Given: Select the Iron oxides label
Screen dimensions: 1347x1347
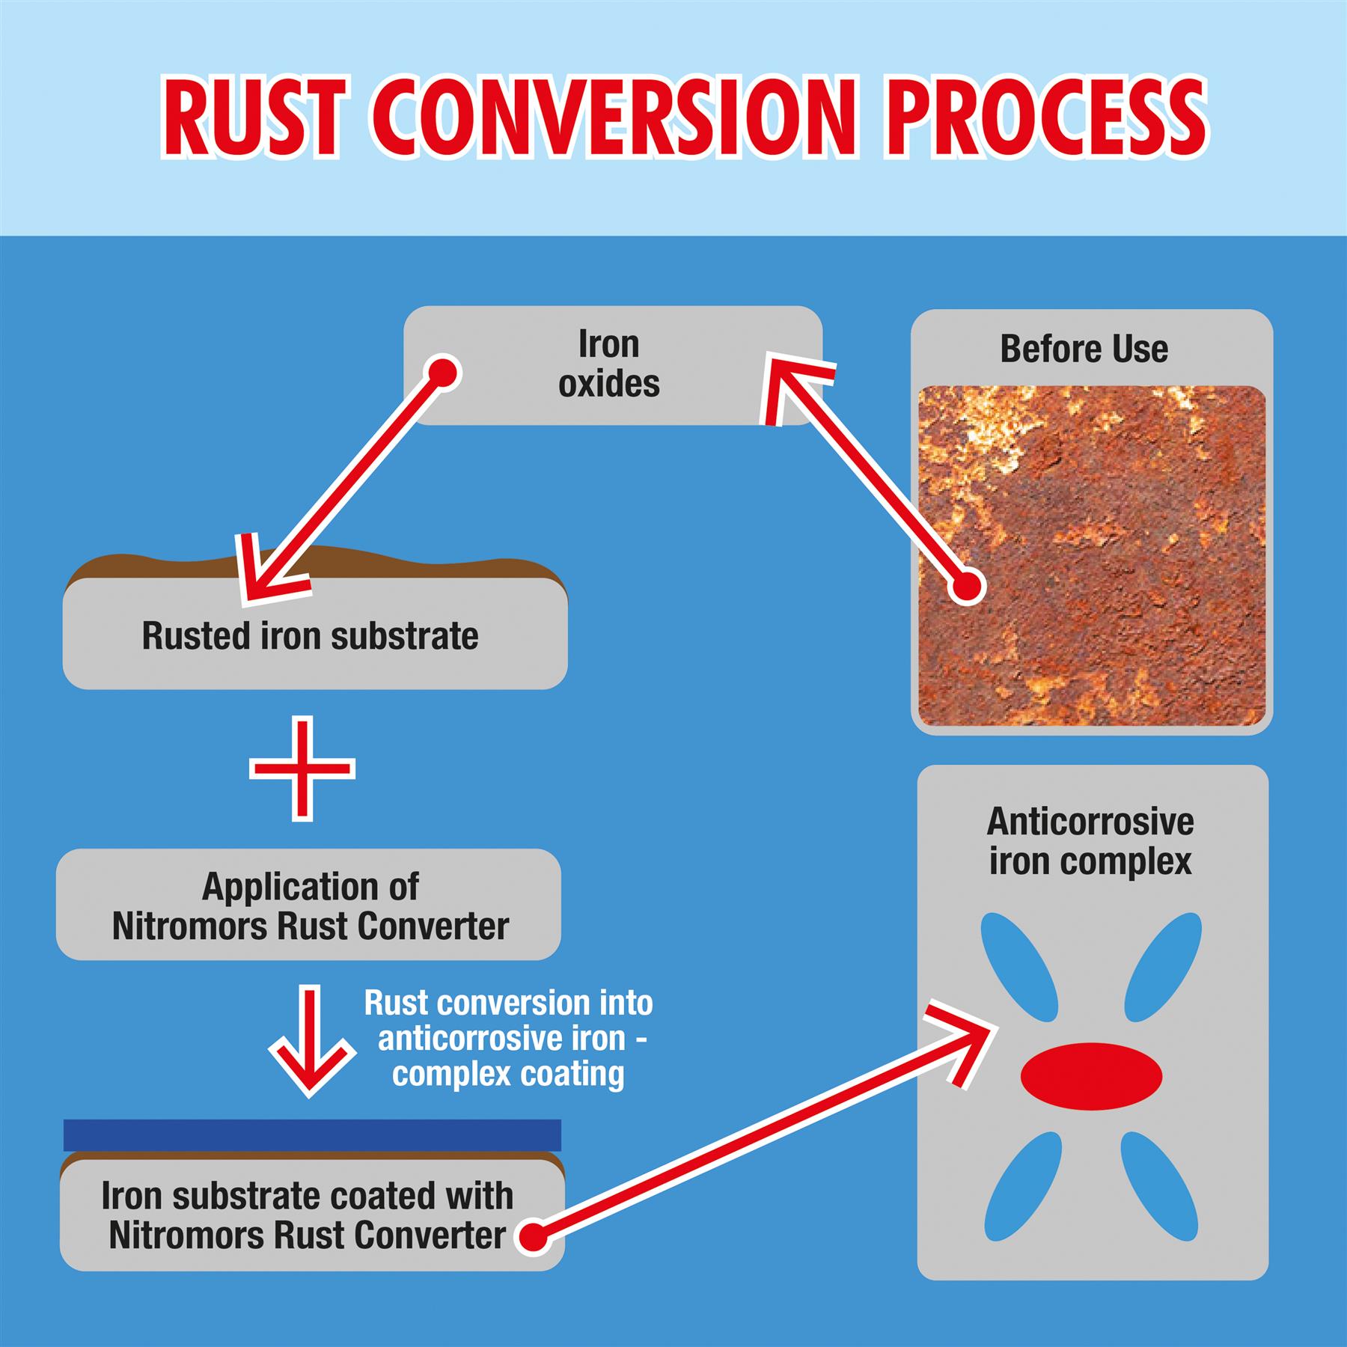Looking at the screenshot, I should (x=609, y=364).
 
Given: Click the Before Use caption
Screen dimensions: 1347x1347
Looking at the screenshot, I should (x=1084, y=349).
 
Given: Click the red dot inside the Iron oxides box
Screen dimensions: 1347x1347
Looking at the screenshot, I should (x=442, y=372).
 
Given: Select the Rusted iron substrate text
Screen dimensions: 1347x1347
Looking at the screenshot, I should (x=310, y=636).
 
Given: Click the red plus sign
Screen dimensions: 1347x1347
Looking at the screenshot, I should (x=302, y=769).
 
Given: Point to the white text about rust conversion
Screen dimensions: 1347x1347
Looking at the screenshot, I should (x=508, y=1039).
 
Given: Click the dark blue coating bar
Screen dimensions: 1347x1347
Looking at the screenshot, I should (x=312, y=1134).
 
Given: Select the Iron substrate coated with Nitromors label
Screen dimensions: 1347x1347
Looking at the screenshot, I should (x=308, y=1216).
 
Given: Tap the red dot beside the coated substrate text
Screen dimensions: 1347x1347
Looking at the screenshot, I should (x=533, y=1236).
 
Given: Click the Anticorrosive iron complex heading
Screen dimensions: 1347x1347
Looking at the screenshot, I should (x=1090, y=841).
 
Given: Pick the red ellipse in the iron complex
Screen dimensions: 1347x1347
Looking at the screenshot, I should (x=1091, y=1076).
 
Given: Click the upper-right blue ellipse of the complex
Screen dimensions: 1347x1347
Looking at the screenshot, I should (x=1163, y=966).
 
